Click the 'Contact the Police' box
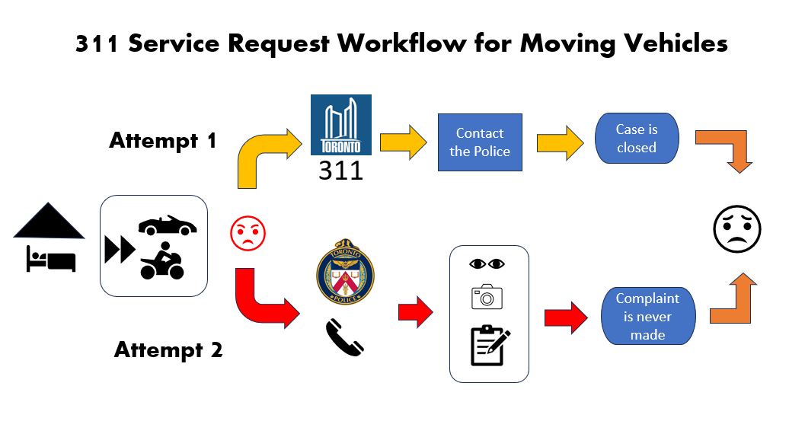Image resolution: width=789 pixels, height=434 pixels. pyautogui.click(x=480, y=142)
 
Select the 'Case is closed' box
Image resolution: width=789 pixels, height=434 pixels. pyautogui.click(x=637, y=139)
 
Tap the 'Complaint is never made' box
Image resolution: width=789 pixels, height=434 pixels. pyautogui.click(x=647, y=316)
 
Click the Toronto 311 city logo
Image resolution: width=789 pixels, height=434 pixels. pyautogui.click(x=341, y=126)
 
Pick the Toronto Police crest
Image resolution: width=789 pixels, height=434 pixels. pyautogui.click(x=345, y=273)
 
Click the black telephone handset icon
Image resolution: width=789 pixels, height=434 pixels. pyautogui.click(x=344, y=337)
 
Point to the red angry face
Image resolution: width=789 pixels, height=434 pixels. pyautogui.click(x=248, y=233)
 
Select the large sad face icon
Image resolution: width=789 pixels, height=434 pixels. pyautogui.click(x=736, y=228)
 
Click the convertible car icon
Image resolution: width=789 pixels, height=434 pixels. pyautogui.click(x=167, y=225)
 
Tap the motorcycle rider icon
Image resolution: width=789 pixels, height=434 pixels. pyautogui.click(x=162, y=261)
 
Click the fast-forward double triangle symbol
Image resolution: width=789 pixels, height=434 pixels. pyautogui.click(x=120, y=250)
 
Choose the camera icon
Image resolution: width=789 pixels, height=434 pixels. pyautogui.click(x=487, y=297)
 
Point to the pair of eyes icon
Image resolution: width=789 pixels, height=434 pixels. pyautogui.click(x=487, y=264)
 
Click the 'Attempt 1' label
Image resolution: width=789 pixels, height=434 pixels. pyautogui.click(x=163, y=141)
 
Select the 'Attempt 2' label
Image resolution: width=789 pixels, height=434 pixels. pyautogui.click(x=168, y=350)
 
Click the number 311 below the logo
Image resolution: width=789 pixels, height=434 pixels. pyautogui.click(x=340, y=171)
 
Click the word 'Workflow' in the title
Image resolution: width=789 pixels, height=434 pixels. pyautogui.click(x=425, y=44)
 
